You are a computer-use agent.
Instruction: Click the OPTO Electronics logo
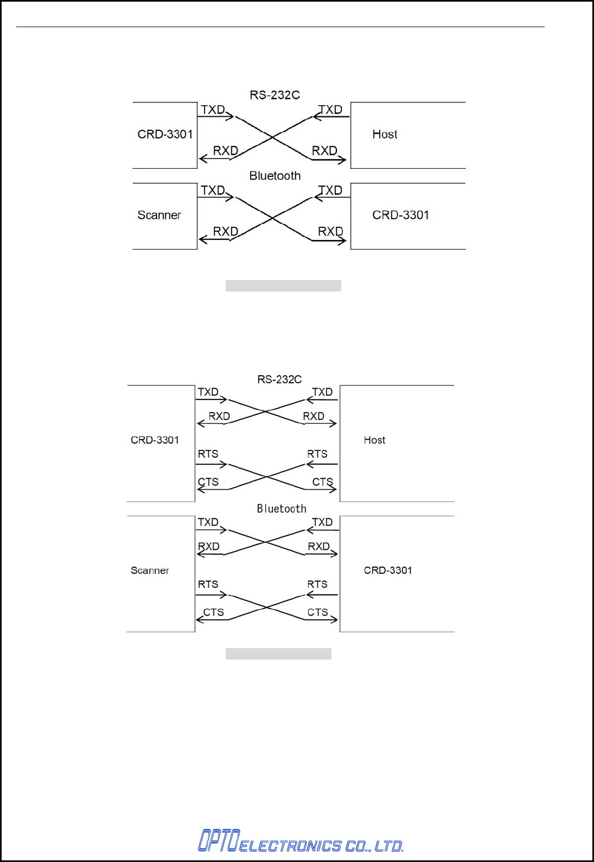[x=300, y=841]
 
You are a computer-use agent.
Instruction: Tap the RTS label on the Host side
[x=317, y=454]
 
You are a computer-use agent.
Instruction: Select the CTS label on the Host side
[x=322, y=482]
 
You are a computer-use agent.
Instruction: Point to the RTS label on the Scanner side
[x=208, y=584]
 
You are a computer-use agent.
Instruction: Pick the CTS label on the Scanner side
[x=213, y=612]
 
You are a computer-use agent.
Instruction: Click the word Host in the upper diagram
[x=385, y=134]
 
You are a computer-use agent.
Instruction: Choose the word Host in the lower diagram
[x=374, y=440]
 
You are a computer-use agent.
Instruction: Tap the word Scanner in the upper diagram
[x=159, y=215]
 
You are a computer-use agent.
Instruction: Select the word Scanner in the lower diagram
[x=150, y=571]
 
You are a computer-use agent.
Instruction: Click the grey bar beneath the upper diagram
[x=283, y=286]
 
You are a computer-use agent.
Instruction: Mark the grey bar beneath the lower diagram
[x=278, y=654]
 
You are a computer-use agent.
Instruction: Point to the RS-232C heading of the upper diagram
[x=274, y=95]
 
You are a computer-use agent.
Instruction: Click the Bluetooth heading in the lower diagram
[x=282, y=509]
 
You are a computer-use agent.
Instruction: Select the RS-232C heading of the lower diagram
[x=279, y=379]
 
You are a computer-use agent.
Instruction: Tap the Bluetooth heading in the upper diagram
[x=274, y=176]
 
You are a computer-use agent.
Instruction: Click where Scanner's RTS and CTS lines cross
[x=266, y=607]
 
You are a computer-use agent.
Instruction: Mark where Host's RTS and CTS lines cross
[x=266, y=477]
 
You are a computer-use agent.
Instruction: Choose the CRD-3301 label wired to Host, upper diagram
[x=165, y=134]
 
